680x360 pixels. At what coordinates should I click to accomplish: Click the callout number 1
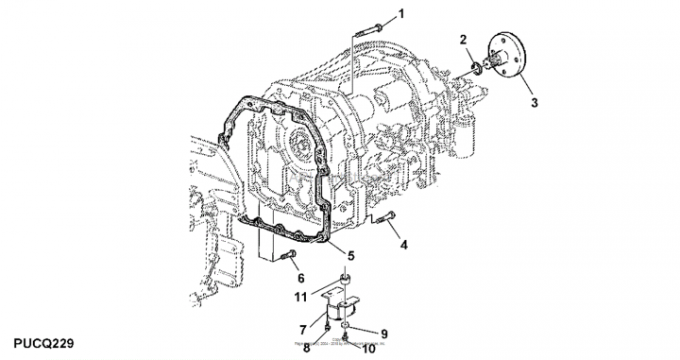400,13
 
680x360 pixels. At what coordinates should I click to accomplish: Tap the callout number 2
464,39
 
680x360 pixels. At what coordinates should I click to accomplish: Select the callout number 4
404,245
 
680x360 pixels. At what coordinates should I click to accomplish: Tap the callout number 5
350,255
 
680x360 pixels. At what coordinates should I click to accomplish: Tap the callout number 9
384,332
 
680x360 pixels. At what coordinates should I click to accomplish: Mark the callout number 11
301,297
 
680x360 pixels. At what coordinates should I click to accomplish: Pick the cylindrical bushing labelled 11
347,280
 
